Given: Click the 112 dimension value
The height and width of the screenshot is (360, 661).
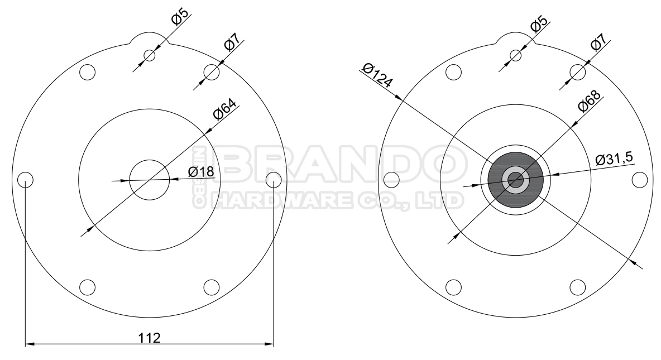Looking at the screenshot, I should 150,338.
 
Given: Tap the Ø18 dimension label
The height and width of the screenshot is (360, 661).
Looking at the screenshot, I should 201,172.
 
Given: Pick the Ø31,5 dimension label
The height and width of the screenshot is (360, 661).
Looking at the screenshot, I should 614,159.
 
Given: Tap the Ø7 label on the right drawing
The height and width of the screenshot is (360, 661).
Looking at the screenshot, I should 599,42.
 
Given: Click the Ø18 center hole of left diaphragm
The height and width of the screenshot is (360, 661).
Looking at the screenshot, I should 149,180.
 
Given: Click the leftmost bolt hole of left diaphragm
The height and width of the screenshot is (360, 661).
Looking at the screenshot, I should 25,180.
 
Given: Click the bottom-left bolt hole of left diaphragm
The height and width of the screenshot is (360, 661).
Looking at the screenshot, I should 87,287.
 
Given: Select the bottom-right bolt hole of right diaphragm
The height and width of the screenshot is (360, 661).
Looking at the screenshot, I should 577,287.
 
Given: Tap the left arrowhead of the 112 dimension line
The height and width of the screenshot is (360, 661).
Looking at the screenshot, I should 29,344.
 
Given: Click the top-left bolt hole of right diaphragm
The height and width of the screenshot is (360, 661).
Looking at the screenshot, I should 453,72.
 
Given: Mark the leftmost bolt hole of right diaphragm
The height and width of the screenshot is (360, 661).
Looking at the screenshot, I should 392,180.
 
